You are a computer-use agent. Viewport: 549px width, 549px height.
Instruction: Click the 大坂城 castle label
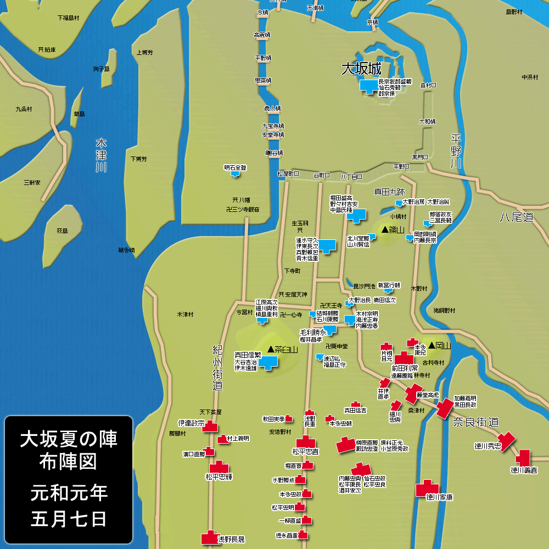click(361, 69)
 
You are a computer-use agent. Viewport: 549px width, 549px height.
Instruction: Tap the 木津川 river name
click(100, 155)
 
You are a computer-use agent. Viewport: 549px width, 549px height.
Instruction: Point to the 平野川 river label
click(455, 152)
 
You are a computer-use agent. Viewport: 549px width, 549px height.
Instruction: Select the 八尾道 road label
click(516, 217)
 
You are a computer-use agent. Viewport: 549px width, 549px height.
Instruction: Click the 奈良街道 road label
click(475, 422)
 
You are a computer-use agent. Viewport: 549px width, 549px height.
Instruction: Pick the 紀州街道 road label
click(217, 368)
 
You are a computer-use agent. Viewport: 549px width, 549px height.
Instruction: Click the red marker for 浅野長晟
click(209, 537)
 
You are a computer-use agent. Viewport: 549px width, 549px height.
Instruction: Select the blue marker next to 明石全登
click(236, 175)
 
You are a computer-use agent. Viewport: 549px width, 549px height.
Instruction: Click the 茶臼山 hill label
click(282, 349)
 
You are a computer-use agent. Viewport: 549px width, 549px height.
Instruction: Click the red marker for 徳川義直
click(523, 457)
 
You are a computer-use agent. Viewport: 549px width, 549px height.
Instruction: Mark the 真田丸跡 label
click(389, 192)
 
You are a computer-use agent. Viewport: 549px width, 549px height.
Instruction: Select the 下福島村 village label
click(69, 18)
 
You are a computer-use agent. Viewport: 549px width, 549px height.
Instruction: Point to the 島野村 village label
click(516, 12)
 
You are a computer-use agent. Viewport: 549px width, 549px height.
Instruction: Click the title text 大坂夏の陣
click(69, 439)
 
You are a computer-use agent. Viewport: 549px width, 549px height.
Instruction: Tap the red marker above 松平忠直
click(306, 442)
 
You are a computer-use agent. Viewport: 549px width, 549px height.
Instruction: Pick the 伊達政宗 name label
click(191, 423)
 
